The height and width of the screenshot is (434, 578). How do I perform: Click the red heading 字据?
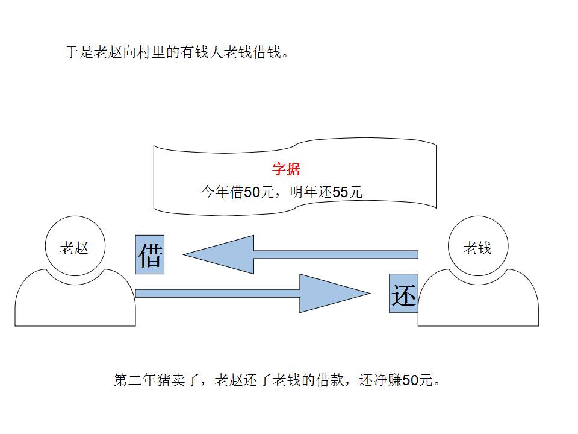tap(286, 169)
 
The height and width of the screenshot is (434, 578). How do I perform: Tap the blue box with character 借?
tap(150, 254)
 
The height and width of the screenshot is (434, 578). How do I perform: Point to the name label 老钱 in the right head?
tap(477, 247)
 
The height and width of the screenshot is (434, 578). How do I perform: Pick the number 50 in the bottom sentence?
tap(410, 380)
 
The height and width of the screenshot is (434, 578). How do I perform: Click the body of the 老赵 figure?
tap(75, 301)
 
